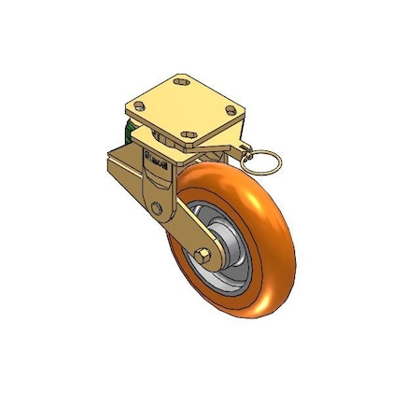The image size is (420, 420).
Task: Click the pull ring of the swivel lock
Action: tap(266, 163)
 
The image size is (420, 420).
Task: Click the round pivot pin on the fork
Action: tap(157, 207)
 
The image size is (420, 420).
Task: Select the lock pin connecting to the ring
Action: tap(244, 150)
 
